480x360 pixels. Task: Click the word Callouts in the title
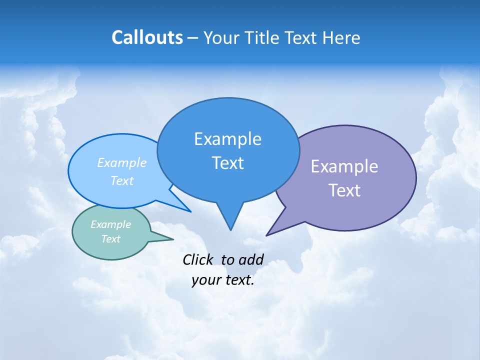pos(147,37)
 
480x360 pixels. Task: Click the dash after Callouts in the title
pos(193,38)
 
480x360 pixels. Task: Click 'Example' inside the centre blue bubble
pos(227,139)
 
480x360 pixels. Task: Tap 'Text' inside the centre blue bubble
pos(227,163)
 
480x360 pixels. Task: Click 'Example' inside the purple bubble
pos(344,166)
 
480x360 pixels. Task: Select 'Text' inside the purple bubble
pos(344,190)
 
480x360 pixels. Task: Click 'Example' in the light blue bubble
pos(122,162)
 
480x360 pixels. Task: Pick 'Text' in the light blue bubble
pos(122,180)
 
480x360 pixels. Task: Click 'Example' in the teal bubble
pos(110,224)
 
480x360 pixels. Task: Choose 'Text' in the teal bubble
pos(110,239)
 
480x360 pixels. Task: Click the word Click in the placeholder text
pos(197,259)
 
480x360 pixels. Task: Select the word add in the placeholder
pos(250,259)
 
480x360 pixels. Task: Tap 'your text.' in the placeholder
pos(223,280)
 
